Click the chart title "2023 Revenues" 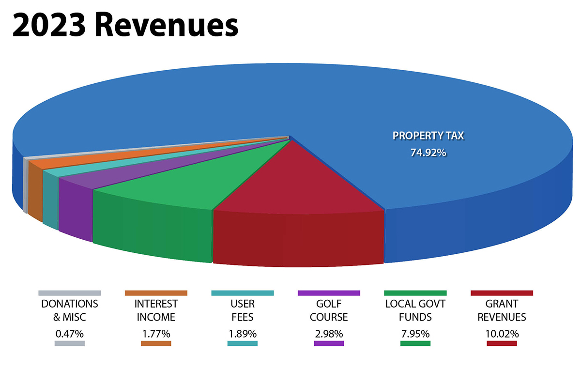click(125, 25)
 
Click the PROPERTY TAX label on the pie click(428, 136)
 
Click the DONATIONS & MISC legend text click(70, 310)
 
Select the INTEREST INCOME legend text click(156, 310)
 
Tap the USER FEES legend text click(242, 310)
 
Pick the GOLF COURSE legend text click(329, 310)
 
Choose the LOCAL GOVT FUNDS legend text click(415, 310)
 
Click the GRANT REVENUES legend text click(502, 310)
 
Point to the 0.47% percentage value click(70, 334)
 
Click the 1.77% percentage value click(156, 334)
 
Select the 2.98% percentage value click(329, 334)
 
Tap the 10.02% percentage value click(502, 334)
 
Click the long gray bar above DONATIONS click(70, 293)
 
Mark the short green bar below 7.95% click(415, 344)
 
